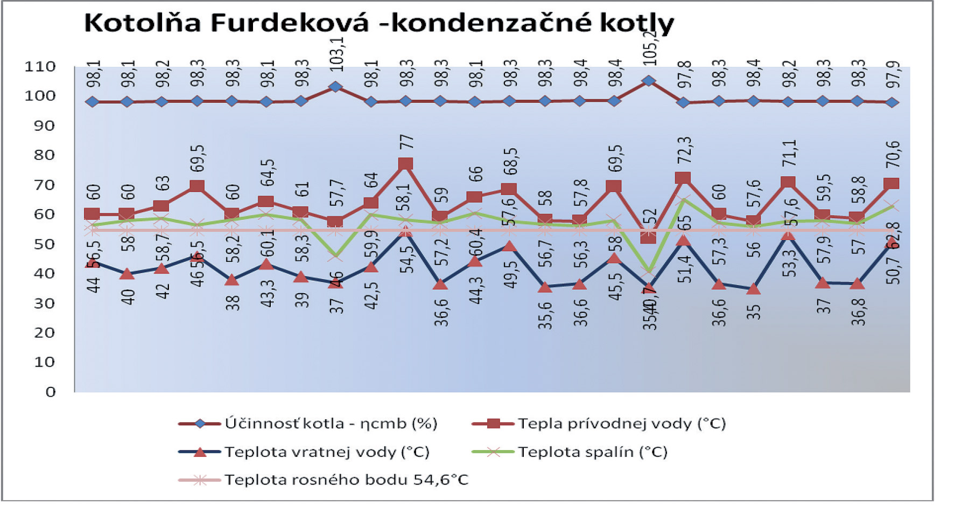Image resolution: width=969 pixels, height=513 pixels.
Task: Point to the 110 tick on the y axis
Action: tap(40, 67)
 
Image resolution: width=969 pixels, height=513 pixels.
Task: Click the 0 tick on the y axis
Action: tap(51, 392)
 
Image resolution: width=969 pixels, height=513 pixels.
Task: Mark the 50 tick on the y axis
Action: tap(40, 244)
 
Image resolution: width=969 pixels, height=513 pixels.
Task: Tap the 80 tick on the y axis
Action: tap(40, 155)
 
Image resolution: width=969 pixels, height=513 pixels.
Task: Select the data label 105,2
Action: tap(650, 46)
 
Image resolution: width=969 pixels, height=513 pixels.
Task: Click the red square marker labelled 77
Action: tap(406, 164)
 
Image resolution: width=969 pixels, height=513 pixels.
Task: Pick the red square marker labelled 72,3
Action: tap(683, 178)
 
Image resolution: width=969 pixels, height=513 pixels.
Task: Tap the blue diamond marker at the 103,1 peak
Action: tap(336, 87)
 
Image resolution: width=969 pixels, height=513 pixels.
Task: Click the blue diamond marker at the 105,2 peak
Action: tap(649, 81)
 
